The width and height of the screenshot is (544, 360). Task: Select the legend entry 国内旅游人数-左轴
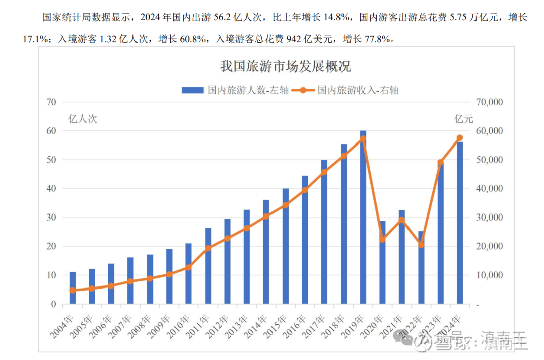click(x=235, y=90)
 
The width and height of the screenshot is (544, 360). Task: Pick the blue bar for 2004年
click(x=72, y=289)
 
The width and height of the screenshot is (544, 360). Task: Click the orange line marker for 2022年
click(x=421, y=245)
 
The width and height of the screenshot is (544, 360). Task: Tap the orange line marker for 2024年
click(x=460, y=138)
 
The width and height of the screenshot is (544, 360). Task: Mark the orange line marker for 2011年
click(x=208, y=248)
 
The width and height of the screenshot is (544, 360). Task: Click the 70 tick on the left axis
click(x=50, y=102)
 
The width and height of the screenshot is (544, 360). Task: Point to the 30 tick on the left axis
click(x=50, y=218)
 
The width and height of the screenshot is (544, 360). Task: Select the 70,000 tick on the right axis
click(x=489, y=102)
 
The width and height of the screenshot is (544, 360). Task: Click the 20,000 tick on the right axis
click(x=489, y=247)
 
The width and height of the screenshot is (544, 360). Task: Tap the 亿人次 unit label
click(x=82, y=119)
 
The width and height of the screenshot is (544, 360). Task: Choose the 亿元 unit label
click(x=464, y=119)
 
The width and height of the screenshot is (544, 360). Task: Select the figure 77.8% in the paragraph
click(x=377, y=39)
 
